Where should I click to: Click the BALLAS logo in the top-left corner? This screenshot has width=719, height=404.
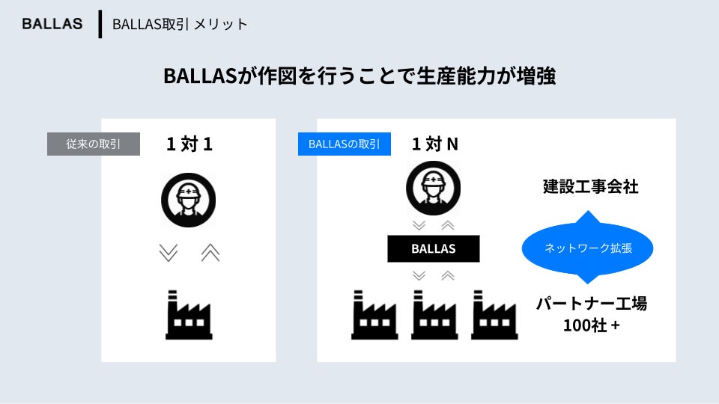[52, 24]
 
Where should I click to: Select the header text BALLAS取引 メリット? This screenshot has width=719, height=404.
[180, 24]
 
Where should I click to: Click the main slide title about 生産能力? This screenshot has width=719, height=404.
[359, 76]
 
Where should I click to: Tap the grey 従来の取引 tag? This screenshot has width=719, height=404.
[94, 144]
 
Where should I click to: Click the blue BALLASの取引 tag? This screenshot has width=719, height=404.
[345, 144]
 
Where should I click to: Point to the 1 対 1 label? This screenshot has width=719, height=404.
[189, 144]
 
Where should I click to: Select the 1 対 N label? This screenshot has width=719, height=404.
[434, 144]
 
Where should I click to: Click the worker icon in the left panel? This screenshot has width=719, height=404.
[189, 200]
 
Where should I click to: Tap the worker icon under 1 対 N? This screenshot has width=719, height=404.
[434, 188]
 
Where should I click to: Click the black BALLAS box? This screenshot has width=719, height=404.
[434, 248]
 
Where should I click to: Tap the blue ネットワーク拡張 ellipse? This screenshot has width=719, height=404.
[587, 248]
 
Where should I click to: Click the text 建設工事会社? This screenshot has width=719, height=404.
[591, 187]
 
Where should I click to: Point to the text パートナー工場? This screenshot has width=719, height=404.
[591, 304]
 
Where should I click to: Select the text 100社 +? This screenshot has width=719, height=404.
[591, 326]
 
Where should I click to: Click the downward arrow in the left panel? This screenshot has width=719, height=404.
[169, 254]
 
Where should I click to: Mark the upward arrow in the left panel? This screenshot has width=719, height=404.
[210, 254]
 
